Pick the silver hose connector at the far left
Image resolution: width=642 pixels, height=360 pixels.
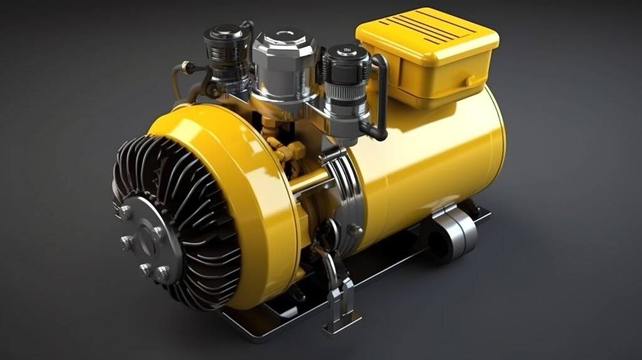[x=184, y=65]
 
